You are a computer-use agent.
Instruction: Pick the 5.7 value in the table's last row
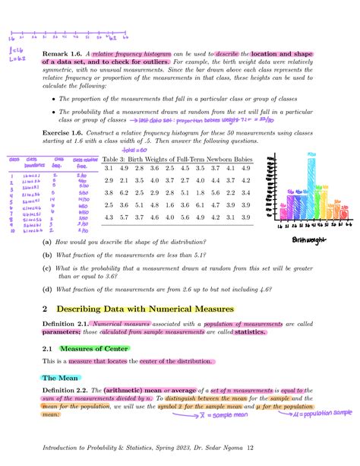[x=201, y=218]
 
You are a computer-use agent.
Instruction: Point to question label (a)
[x=48, y=243]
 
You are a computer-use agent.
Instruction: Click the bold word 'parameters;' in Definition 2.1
[x=62, y=332]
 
